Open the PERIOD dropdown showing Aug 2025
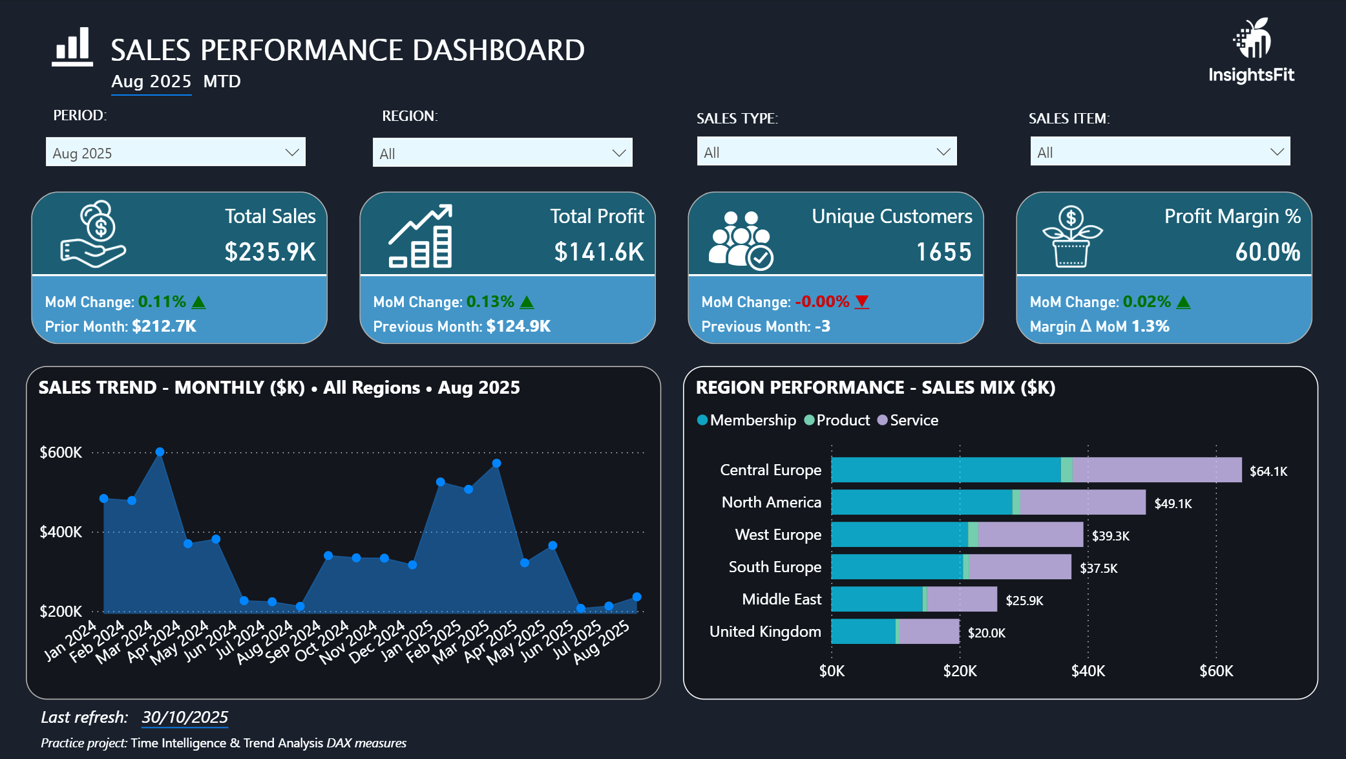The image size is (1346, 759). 175,152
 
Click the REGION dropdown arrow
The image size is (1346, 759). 618,153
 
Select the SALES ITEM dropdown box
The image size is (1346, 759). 1160,151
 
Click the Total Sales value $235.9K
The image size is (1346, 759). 270,252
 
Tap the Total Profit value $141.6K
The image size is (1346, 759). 599,252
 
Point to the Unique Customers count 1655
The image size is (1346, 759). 943,252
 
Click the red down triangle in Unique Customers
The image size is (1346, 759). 862,301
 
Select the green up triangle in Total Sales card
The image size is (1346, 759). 199,302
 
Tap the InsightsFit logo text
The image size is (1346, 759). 1251,75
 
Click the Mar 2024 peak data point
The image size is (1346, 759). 160,452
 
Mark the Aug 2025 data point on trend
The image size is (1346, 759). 636,597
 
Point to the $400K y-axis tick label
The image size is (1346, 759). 61,532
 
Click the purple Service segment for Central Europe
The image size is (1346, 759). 1157,470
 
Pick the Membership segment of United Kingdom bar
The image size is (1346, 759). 863,632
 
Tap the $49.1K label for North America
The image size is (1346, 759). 1173,504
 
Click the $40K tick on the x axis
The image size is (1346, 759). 1088,671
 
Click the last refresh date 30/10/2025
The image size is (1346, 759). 185,717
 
